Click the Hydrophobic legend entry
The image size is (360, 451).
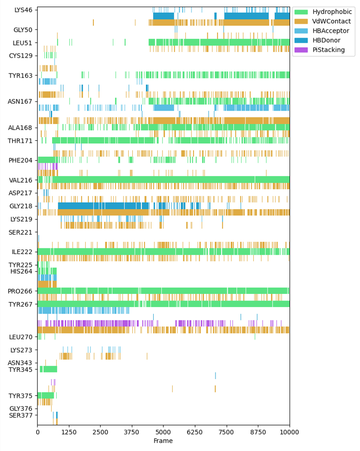coord(332,12)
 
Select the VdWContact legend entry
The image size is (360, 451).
coord(332,21)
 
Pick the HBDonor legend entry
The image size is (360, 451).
coord(329,41)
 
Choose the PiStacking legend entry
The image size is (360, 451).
coord(331,51)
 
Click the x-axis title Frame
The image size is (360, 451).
coord(163,441)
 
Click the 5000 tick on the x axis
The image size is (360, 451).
coord(163,433)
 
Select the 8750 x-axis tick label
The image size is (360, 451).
coord(258,433)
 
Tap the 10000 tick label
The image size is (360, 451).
coord(290,433)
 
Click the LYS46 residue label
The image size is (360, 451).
coord(23,10)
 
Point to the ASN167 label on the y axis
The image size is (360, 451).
coord(20,102)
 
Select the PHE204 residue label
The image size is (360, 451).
coord(20,161)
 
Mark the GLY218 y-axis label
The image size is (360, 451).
coord(20,206)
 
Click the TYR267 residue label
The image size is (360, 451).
coord(20,305)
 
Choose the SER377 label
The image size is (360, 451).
coord(20,416)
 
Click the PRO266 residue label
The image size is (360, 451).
coord(20,291)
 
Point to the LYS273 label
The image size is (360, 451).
coord(21,350)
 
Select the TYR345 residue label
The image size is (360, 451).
coord(20,370)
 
